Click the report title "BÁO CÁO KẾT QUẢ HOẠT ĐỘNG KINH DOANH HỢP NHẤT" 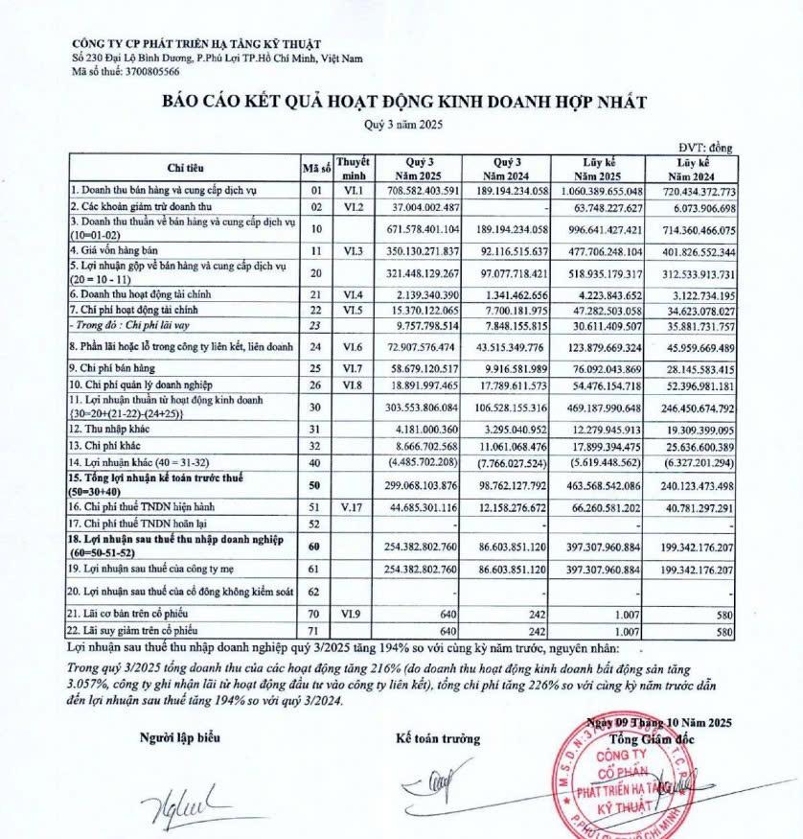tap(403, 102)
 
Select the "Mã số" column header tap(317, 168)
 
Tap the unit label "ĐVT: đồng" tap(705, 147)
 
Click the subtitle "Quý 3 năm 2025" tap(403, 125)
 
